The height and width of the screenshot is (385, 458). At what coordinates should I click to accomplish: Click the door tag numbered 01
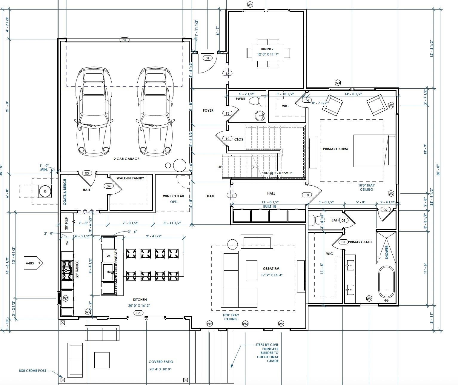[x=207, y=58]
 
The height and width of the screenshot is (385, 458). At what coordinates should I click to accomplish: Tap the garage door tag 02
[x=125, y=40]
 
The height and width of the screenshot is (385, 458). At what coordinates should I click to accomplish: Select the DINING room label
[x=266, y=49]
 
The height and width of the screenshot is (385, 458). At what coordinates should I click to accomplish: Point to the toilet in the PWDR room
[x=255, y=101]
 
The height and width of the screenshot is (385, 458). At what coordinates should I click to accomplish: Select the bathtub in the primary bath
[x=386, y=284]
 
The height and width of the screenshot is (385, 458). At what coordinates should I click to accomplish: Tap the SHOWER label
[x=387, y=252]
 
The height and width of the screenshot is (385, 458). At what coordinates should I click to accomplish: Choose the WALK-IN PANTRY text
[x=130, y=178]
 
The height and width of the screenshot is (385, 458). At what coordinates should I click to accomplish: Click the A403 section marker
[x=30, y=263]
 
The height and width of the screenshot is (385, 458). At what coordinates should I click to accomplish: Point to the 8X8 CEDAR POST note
[x=33, y=371]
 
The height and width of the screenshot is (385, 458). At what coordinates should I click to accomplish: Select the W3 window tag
[x=245, y=324]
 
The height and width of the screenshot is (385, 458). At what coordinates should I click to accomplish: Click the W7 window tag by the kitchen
[x=65, y=298]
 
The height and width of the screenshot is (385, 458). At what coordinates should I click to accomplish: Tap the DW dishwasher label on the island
[x=108, y=256]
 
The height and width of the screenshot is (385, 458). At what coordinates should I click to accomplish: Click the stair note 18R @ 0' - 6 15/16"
[x=277, y=173]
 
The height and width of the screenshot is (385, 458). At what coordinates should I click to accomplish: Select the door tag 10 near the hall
[x=307, y=195]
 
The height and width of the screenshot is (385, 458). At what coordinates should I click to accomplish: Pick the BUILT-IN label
[x=269, y=207]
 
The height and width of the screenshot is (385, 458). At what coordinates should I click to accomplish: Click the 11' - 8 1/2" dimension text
[x=271, y=202]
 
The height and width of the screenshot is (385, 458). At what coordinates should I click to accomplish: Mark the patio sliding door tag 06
[x=138, y=313]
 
